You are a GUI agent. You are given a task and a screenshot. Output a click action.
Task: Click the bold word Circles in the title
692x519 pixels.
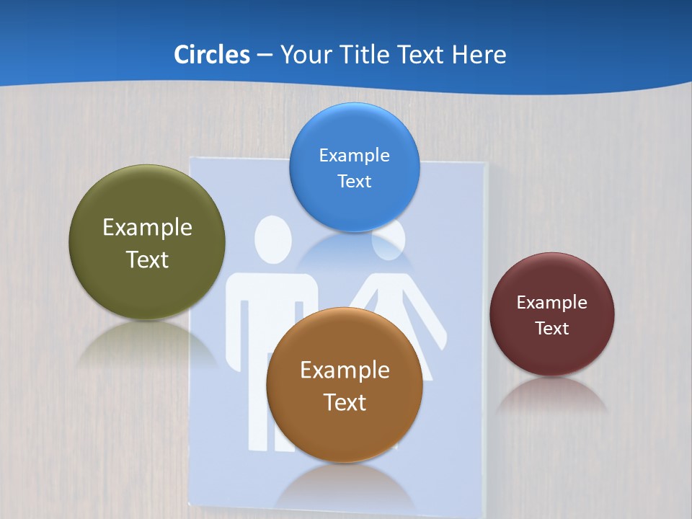pyautogui.click(x=211, y=55)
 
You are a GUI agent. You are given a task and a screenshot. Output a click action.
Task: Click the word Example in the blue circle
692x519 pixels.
pyautogui.click(x=354, y=155)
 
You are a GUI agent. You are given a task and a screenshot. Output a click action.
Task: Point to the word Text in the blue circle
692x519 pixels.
pyautogui.click(x=354, y=181)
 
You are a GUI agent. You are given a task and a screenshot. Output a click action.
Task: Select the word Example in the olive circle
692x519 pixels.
pyautogui.click(x=147, y=228)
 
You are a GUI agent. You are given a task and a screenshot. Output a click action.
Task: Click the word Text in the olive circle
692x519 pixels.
pyautogui.click(x=147, y=259)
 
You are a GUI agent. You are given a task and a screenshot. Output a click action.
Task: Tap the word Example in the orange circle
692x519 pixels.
pyautogui.click(x=345, y=371)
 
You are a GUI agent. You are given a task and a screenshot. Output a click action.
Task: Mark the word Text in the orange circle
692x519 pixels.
pyautogui.click(x=345, y=402)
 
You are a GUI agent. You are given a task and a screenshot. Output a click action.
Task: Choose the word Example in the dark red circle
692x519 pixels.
pyautogui.click(x=552, y=303)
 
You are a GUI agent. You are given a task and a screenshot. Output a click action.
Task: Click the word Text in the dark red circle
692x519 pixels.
pyautogui.click(x=552, y=329)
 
